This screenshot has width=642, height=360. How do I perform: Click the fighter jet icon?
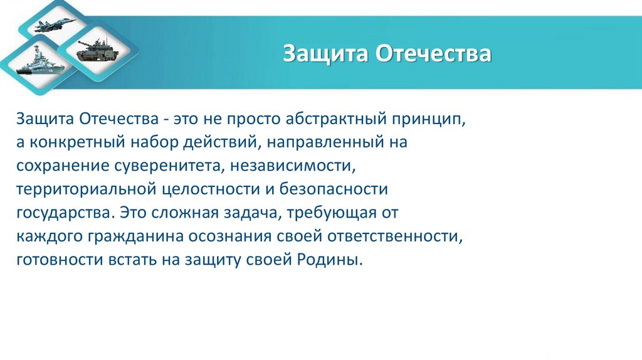coord(56,25)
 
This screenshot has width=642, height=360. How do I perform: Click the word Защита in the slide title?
coord(325,53)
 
